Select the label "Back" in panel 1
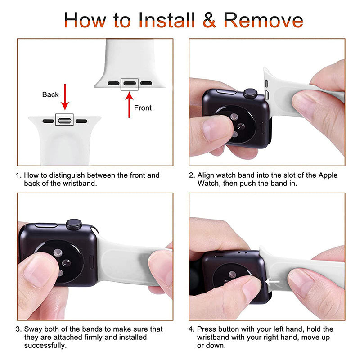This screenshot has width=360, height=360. [50, 94]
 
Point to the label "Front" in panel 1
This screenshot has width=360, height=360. [143, 108]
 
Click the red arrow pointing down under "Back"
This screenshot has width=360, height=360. [65, 97]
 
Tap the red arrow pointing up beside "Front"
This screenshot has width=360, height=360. [129, 105]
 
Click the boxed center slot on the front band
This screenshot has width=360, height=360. [129, 83]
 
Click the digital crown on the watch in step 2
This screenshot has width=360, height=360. [250, 94]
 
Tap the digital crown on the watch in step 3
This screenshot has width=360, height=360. [74, 224]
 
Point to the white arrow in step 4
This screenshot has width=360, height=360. [272, 282]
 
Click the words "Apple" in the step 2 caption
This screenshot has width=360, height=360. [328, 175]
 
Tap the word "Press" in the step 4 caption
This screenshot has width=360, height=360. [207, 329]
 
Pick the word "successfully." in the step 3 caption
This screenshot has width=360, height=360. [45, 345]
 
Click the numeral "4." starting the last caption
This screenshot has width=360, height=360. [192, 329]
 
